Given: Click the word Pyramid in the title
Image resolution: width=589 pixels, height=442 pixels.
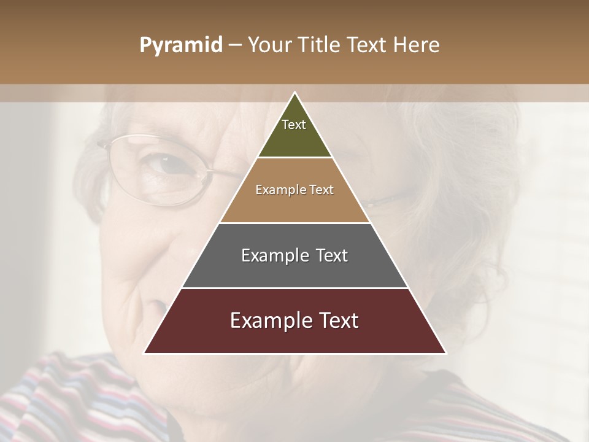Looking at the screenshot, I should click(x=180, y=45).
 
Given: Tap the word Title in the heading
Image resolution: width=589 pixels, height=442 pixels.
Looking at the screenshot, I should click(x=322, y=45).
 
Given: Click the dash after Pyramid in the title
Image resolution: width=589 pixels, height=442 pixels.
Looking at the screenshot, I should click(x=234, y=45).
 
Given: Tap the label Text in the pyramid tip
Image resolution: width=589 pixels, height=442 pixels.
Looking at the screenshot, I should click(x=294, y=125).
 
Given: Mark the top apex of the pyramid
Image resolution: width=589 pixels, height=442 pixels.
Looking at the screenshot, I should click(x=294, y=93).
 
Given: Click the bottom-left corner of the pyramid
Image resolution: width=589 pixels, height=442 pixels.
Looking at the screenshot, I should click(x=145, y=352).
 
